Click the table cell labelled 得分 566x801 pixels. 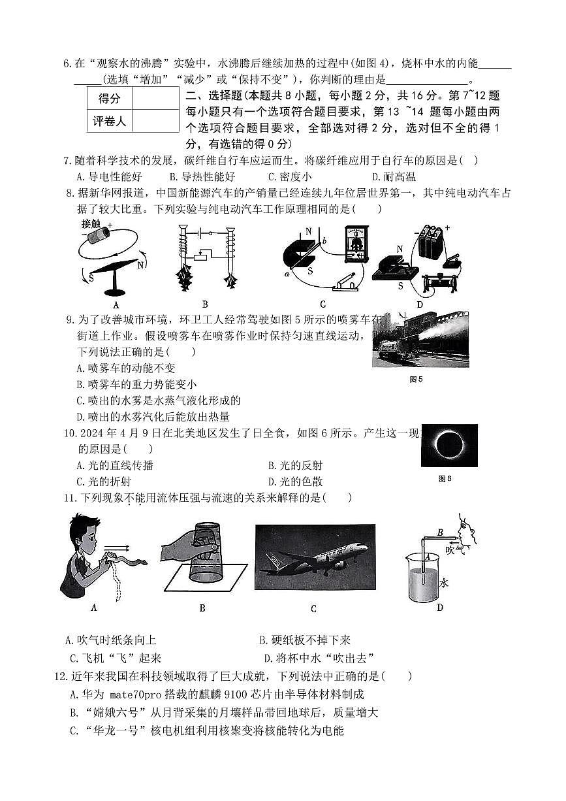[x=109, y=99]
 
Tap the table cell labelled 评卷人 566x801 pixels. [x=109, y=121]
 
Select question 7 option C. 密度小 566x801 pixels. [x=290, y=176]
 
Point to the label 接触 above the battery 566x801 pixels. [x=91, y=223]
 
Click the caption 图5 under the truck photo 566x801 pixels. [x=416, y=380]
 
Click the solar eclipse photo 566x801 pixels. [x=448, y=445]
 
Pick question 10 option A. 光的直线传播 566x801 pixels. [x=115, y=465]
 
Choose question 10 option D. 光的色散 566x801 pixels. [x=295, y=482]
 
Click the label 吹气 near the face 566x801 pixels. [x=455, y=550]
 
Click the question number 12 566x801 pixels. [x=61, y=676]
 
